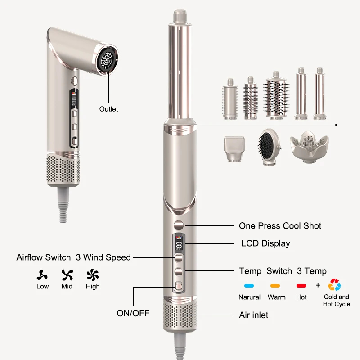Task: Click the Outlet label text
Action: [108, 109]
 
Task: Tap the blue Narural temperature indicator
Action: [249, 286]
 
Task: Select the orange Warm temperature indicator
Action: [275, 286]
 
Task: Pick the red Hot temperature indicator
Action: [301, 286]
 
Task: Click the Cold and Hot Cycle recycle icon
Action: [334, 285]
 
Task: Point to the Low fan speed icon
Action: [42, 275]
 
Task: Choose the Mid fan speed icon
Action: [67, 275]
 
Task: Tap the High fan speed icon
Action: [93, 275]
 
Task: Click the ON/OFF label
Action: [133, 313]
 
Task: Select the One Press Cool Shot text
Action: [280, 226]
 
